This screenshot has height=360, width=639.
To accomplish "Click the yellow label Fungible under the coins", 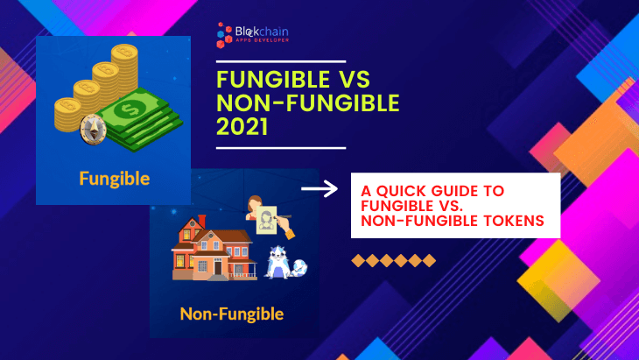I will (114, 180).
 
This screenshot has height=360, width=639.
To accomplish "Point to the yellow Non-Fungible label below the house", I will (231, 313).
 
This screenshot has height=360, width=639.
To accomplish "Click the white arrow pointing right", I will (319, 188).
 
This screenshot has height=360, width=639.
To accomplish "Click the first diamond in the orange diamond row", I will (358, 260).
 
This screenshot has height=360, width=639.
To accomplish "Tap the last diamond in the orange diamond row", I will (429, 260).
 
